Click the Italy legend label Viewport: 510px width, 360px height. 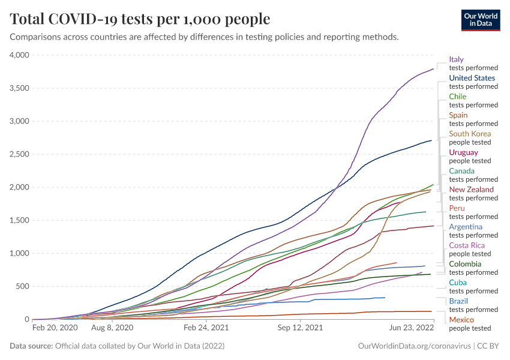457,59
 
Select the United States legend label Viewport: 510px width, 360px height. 472,78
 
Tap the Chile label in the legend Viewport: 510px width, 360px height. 458,97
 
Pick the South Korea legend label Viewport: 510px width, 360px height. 470,134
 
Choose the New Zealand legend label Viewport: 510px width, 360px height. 472,190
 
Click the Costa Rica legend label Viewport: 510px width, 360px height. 467,245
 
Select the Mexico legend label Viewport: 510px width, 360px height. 461,320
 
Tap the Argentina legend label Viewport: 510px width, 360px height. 466,227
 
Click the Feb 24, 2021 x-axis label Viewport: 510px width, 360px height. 206,328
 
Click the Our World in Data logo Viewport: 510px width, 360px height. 481,19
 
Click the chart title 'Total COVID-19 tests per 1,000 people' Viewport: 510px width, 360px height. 140,19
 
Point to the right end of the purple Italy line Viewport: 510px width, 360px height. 433,68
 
